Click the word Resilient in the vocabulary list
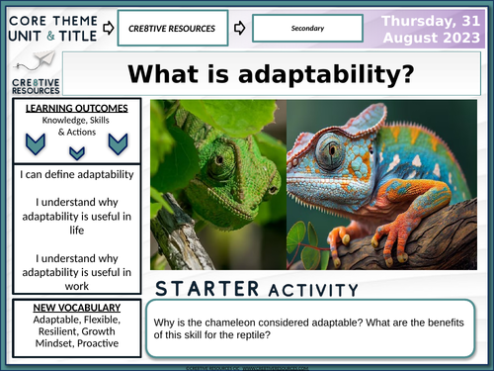click(x=44, y=333)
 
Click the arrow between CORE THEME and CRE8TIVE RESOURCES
click(x=106, y=28)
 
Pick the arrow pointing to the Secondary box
click(x=240, y=28)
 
